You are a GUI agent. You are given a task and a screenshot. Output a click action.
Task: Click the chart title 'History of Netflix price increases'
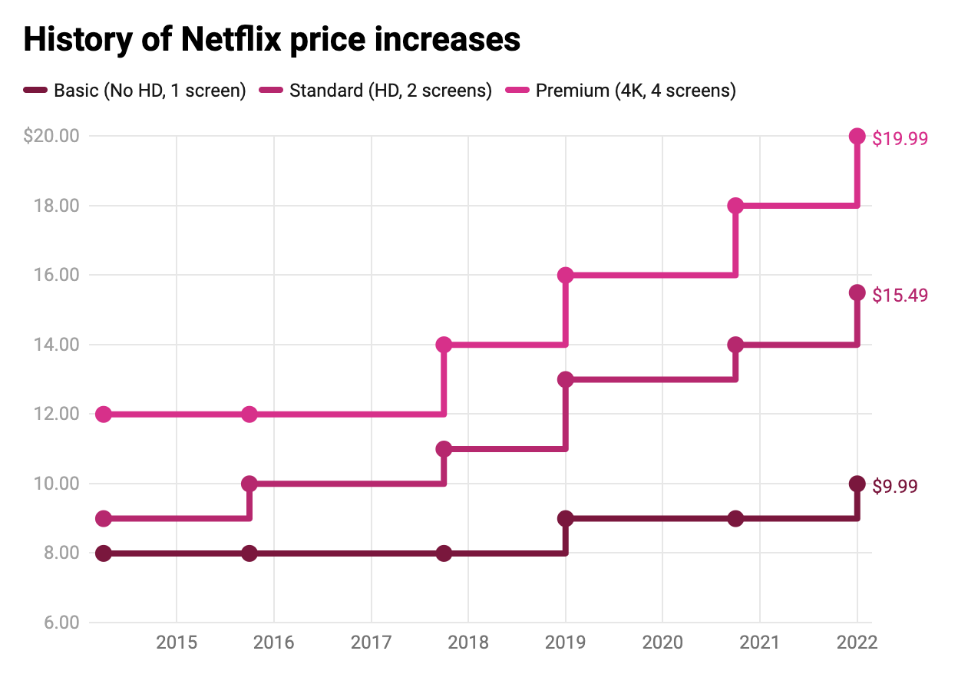[272, 40]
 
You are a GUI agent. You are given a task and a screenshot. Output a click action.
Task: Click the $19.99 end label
[900, 138]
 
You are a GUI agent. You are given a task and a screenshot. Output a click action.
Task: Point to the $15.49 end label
[900, 295]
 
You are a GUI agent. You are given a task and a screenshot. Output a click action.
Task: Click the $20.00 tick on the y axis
[51, 137]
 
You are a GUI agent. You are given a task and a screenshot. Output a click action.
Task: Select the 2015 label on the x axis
[177, 643]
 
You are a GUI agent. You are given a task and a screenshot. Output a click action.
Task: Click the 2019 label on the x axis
[566, 643]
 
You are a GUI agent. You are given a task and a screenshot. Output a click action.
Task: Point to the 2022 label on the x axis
[857, 643]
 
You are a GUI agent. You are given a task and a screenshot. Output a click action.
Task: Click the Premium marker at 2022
[857, 137]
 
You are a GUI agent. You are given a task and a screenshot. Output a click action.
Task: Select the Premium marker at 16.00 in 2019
[566, 275]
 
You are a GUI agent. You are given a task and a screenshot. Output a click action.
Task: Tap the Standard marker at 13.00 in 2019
[566, 379]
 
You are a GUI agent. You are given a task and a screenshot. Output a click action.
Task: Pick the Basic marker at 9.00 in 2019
[566, 518]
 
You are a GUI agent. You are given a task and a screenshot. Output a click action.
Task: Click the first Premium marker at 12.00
[104, 415]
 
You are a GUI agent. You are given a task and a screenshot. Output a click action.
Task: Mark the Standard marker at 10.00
[249, 484]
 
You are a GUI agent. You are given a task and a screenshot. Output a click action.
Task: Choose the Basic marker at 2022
[857, 484]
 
